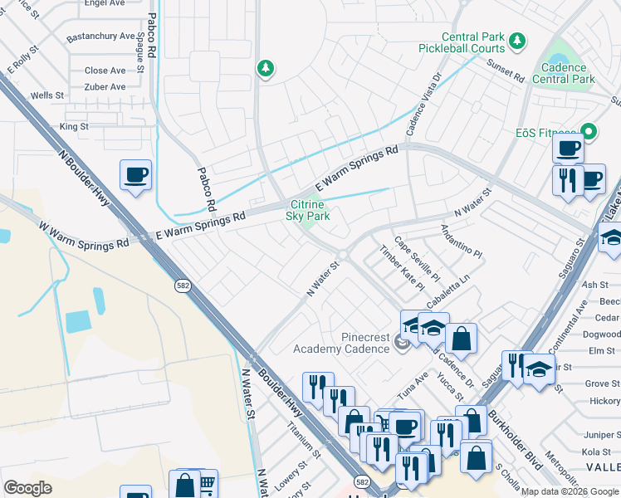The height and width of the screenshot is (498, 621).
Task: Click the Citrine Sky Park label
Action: coord(308,211)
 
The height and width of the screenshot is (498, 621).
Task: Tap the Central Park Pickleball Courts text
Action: coord(473,43)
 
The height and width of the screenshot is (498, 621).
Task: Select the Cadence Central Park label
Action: coord(568,73)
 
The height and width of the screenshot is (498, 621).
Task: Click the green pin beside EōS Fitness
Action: coord(590,132)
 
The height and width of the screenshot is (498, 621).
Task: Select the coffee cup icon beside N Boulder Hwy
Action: coord(135,175)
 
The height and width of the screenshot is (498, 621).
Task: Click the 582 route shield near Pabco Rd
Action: coord(183,286)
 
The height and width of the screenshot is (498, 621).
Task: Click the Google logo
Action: coord(27,487)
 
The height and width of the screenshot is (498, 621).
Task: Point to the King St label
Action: coord(74,127)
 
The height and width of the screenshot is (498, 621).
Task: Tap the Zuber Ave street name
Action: coord(105,86)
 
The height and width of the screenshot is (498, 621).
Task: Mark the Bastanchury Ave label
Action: coord(100,37)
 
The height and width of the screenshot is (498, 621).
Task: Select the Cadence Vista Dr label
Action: coord(423,105)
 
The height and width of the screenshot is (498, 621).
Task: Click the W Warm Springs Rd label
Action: coord(83,233)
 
